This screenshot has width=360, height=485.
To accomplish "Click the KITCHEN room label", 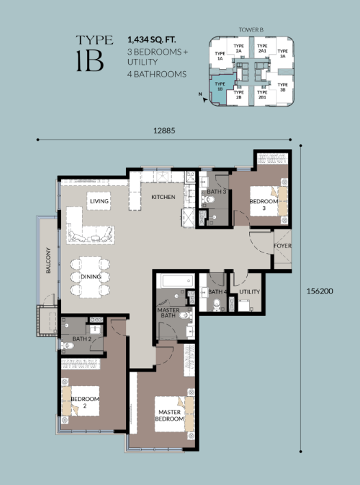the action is click(164, 197).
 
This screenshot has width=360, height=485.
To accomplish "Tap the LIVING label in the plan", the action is click(99, 201).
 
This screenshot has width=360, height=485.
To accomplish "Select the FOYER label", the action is click(282, 246).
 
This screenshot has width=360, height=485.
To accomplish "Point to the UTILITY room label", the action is click(250, 291).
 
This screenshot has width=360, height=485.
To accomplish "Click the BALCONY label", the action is click(49, 260).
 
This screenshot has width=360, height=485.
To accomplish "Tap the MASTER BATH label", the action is click(168, 313).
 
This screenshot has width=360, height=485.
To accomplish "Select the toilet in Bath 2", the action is click(66, 345).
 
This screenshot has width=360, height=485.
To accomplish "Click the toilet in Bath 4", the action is click(216, 304).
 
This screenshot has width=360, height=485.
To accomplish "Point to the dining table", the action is click(90, 277).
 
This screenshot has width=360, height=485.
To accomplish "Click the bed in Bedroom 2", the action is click(81, 401).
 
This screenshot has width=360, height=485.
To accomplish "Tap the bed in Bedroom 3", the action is click(269, 200).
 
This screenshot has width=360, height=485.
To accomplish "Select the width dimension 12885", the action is click(164, 131).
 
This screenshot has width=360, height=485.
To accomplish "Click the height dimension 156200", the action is click(320, 291).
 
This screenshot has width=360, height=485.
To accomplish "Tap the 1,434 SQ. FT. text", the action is click(152, 40).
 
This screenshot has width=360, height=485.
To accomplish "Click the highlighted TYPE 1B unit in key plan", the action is click(221, 88).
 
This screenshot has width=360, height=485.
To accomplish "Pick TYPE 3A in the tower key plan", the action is click(282, 53).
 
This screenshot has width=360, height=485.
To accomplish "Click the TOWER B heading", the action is click(250, 30).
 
